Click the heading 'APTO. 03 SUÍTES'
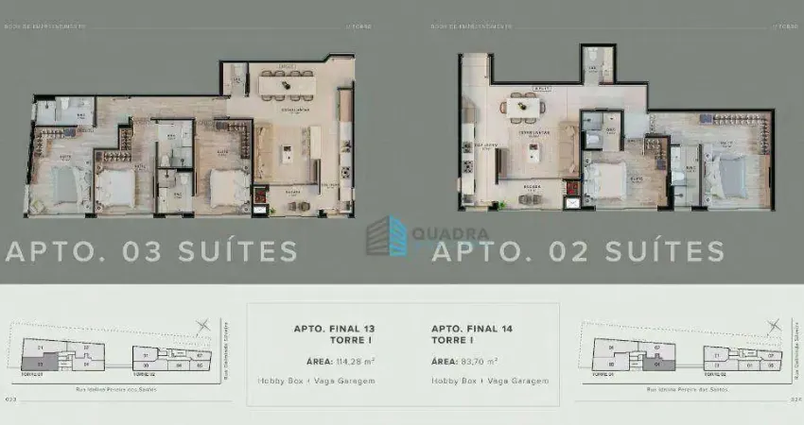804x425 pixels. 151,251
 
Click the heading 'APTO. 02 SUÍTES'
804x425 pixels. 579,251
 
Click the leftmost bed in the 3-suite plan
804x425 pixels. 63,185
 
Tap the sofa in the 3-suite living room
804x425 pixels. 264,151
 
